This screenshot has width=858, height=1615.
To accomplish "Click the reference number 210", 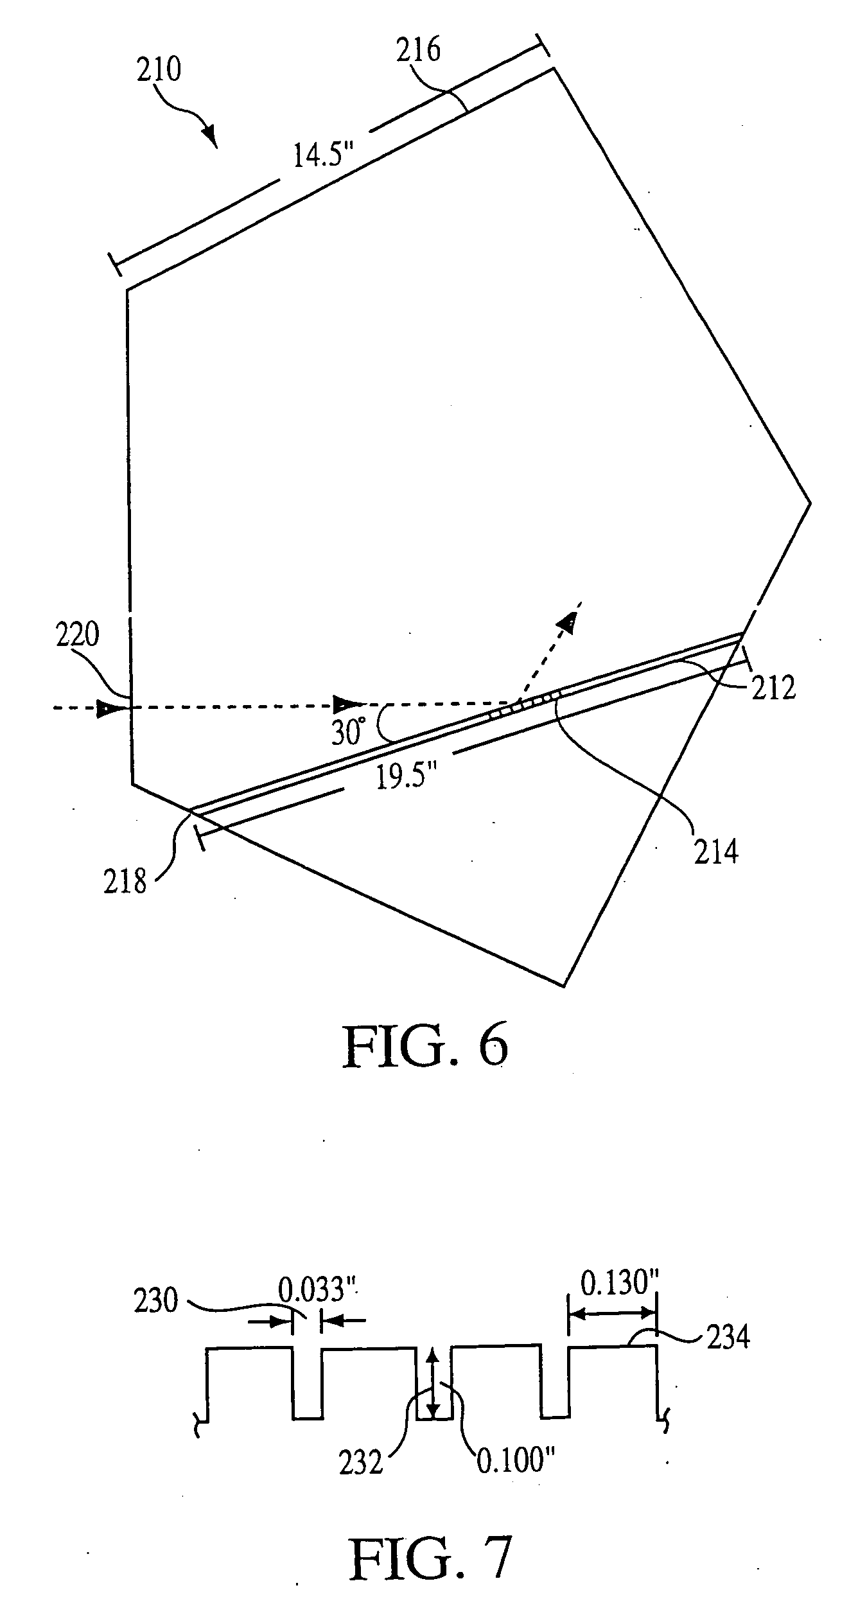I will (x=159, y=70).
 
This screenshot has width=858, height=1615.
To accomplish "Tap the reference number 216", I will (x=418, y=50).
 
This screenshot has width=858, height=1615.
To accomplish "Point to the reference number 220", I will (x=77, y=636).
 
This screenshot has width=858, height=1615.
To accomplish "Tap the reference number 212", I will (x=773, y=688).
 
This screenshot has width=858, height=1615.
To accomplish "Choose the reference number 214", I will (x=716, y=852).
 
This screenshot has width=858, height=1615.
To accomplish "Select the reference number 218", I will (x=126, y=882).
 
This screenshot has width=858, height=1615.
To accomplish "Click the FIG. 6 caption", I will (x=425, y=1047).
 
